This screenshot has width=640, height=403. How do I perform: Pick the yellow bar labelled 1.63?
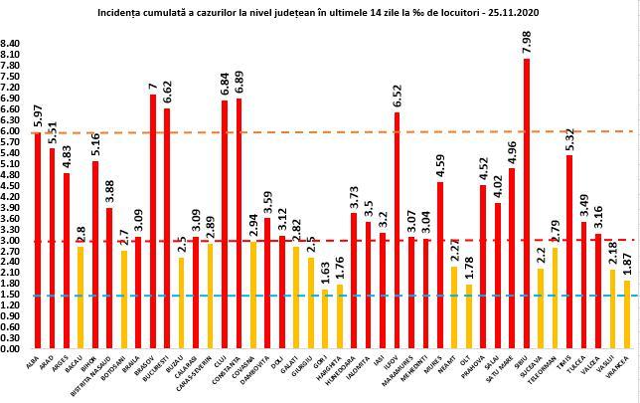(x=324, y=319)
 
